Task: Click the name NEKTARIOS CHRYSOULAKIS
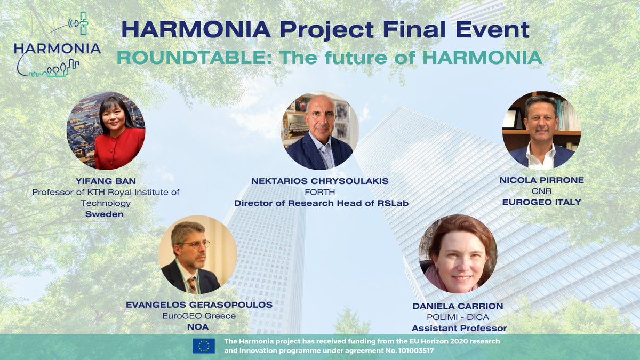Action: tap(319, 181)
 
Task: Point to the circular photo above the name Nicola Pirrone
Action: tap(541, 130)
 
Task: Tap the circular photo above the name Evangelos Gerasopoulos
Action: tap(198, 254)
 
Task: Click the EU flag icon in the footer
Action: tap(204, 346)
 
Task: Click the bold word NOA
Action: tap(198, 326)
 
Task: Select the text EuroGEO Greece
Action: tap(198, 316)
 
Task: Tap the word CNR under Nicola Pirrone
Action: tap(541, 191)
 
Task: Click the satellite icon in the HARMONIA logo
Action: tap(81, 23)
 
